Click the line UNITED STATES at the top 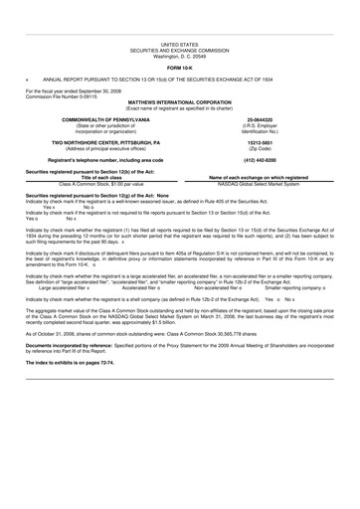click(x=179, y=17)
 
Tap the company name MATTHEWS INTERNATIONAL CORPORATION click(x=179, y=74)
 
